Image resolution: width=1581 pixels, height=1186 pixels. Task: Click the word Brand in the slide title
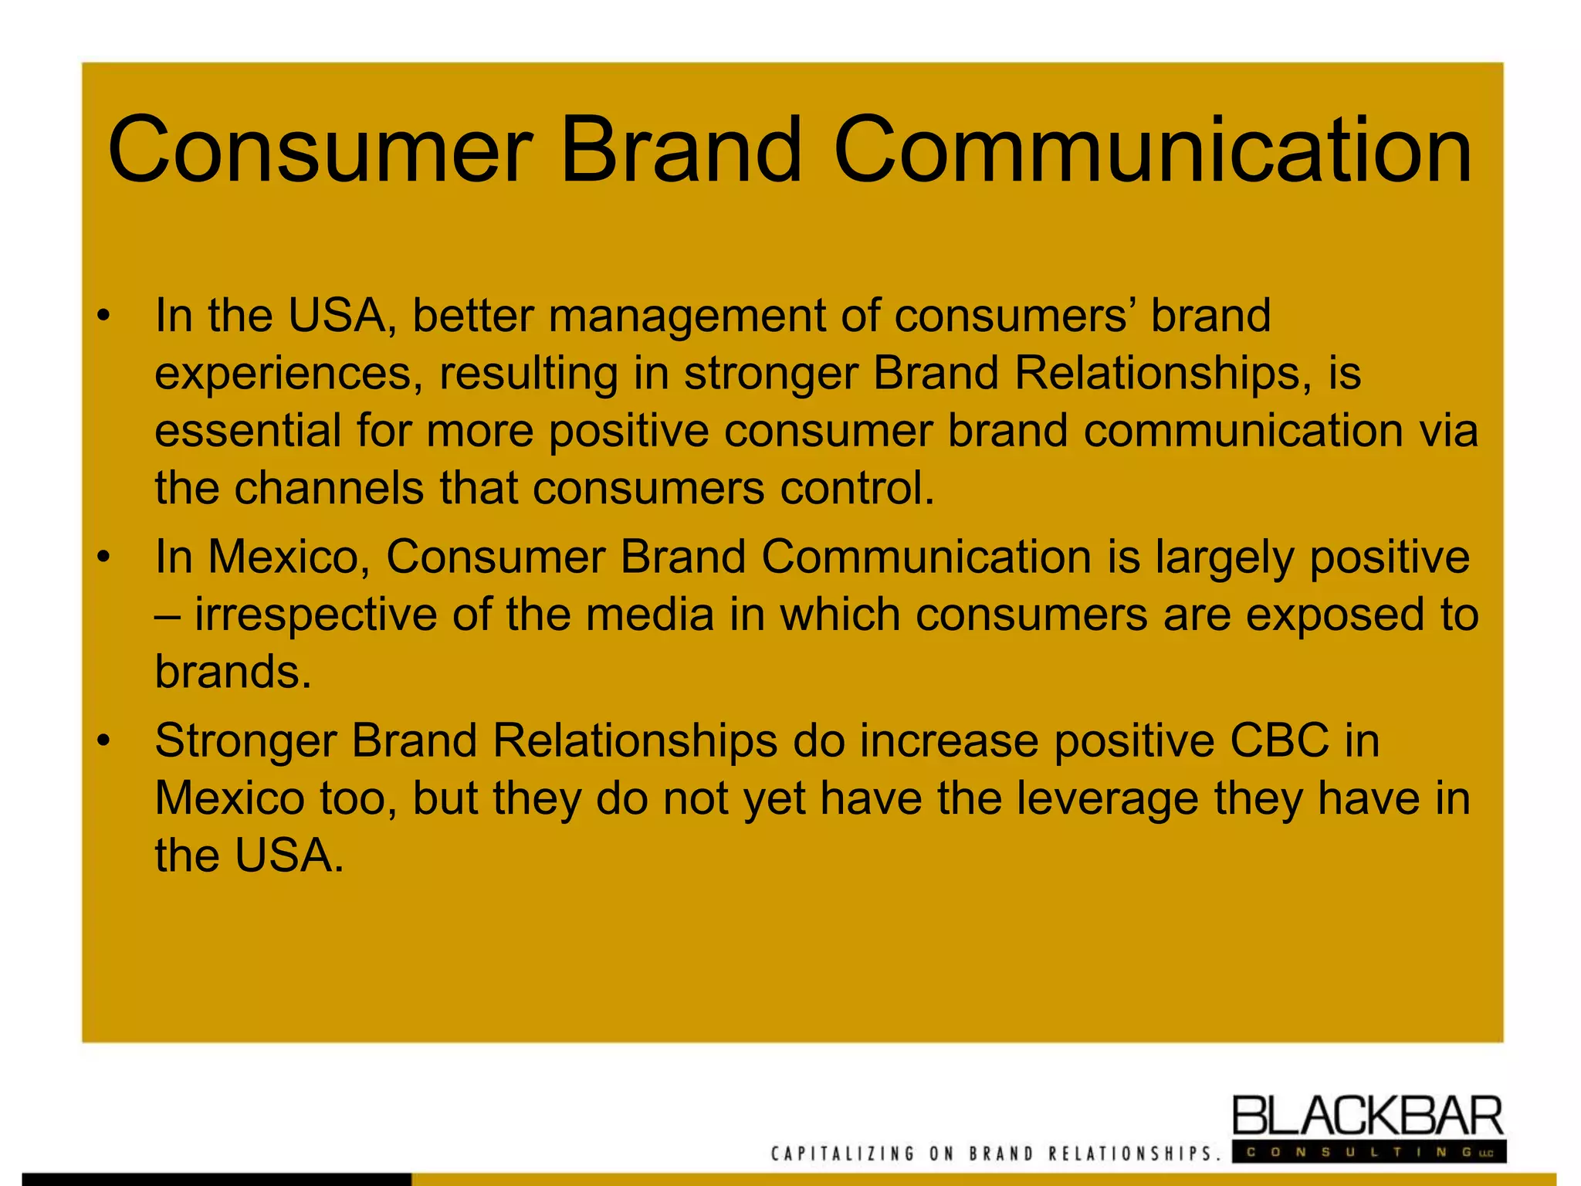[x=681, y=151]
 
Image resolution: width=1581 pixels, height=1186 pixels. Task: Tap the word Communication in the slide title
[x=1153, y=151]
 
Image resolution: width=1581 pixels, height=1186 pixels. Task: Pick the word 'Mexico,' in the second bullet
[x=289, y=557]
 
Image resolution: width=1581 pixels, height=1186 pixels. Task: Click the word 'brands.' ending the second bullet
[x=233, y=673]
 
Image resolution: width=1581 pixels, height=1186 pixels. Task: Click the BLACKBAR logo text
[x=1367, y=1117]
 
